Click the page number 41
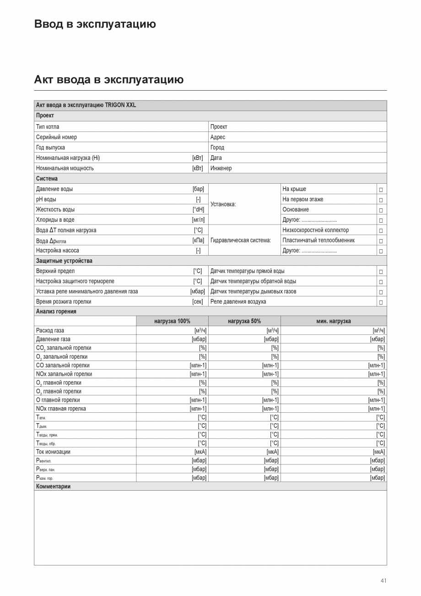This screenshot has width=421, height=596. point(383,581)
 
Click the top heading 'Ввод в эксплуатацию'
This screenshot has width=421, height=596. point(95,24)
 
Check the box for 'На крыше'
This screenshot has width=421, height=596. point(381,190)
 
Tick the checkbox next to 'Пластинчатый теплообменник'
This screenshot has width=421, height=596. point(381,241)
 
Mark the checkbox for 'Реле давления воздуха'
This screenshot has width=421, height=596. point(381,302)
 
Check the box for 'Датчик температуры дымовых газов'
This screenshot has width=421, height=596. point(381,292)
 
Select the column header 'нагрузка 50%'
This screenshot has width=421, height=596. point(244,321)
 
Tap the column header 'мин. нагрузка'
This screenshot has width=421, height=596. point(333,321)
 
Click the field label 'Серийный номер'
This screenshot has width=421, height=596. point(56,137)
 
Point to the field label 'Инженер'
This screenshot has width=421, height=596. point(221,168)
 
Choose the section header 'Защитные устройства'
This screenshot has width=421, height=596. point(64,261)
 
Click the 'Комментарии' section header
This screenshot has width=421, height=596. point(53,487)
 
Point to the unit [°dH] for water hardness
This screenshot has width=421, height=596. point(198,210)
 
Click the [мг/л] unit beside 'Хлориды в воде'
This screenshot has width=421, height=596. point(198,220)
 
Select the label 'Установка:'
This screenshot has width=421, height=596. point(223,204)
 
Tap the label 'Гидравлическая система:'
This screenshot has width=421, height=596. point(240,241)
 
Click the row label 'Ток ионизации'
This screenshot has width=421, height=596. point(53,452)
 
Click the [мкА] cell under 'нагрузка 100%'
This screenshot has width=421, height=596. point(200,452)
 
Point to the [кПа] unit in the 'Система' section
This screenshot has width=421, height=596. point(198,241)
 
